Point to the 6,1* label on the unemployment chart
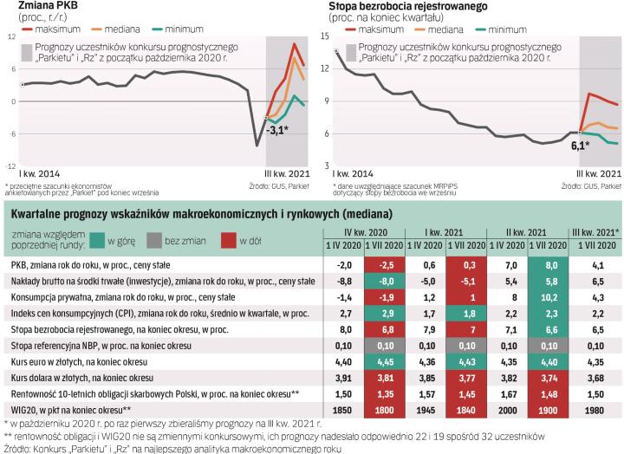coord(579,146)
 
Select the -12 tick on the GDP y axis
coord(10,165)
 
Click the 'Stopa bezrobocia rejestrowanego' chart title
coord(407,7)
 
